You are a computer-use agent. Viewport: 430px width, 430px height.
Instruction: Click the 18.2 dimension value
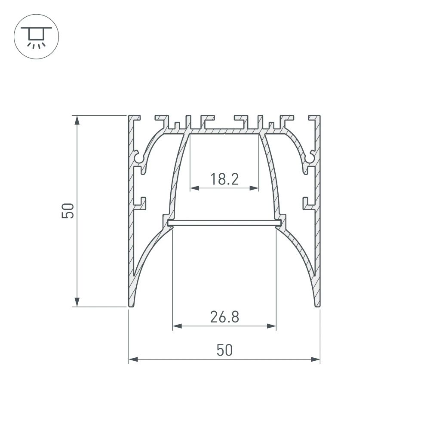(x=224, y=178)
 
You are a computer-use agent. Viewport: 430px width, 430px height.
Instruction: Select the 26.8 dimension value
(x=224, y=317)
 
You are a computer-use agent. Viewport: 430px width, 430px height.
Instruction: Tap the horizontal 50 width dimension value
(x=224, y=350)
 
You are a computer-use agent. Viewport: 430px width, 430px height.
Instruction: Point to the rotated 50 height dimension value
(x=68, y=211)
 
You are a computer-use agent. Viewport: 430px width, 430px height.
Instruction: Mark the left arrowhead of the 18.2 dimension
(x=193, y=188)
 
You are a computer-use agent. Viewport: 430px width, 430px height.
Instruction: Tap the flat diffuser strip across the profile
(x=224, y=222)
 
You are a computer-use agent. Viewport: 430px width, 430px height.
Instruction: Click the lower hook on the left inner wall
(x=141, y=202)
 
